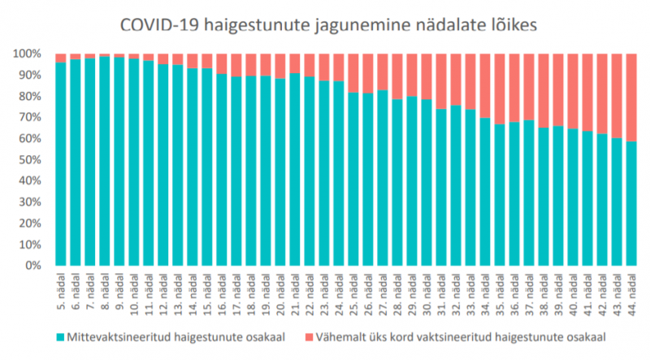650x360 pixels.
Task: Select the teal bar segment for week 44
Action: click(x=630, y=203)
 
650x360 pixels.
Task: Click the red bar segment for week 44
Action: click(x=630, y=98)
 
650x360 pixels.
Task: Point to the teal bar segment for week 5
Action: click(x=61, y=163)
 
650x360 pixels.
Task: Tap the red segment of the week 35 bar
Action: click(x=500, y=89)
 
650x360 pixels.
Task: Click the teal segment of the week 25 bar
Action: click(x=353, y=179)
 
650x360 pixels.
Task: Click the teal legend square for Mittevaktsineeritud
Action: click(x=62, y=335)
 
